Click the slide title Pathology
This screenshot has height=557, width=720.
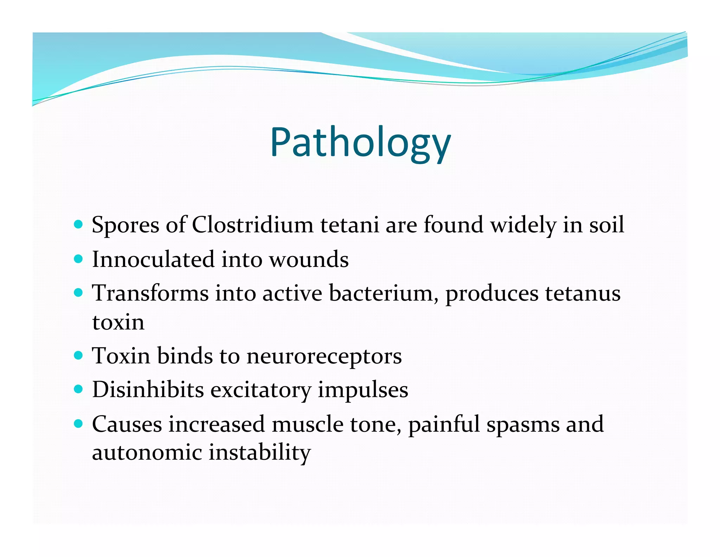360,143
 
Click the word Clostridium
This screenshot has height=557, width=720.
252,225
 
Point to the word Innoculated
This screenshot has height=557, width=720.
153,259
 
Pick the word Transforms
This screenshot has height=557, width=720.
150,293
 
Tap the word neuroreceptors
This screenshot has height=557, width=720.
324,356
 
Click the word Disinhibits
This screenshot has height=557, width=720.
148,390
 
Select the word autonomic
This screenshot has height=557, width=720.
147,452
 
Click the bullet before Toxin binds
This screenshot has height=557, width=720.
79,355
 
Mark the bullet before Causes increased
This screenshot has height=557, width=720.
79,423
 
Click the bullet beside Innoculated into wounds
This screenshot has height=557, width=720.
79,259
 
